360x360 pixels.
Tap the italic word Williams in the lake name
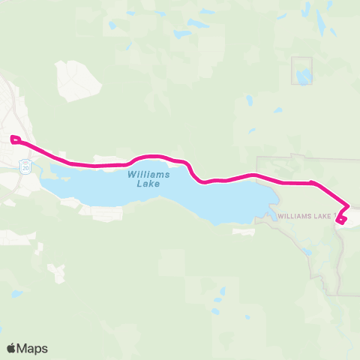(149, 174)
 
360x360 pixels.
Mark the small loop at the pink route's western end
(14, 138)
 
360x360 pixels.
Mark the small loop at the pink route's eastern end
(341, 219)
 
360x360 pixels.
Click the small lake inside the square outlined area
(303, 76)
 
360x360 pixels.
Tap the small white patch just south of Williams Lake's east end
(244, 232)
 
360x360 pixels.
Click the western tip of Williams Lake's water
(43, 182)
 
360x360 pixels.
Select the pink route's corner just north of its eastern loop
(348, 207)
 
